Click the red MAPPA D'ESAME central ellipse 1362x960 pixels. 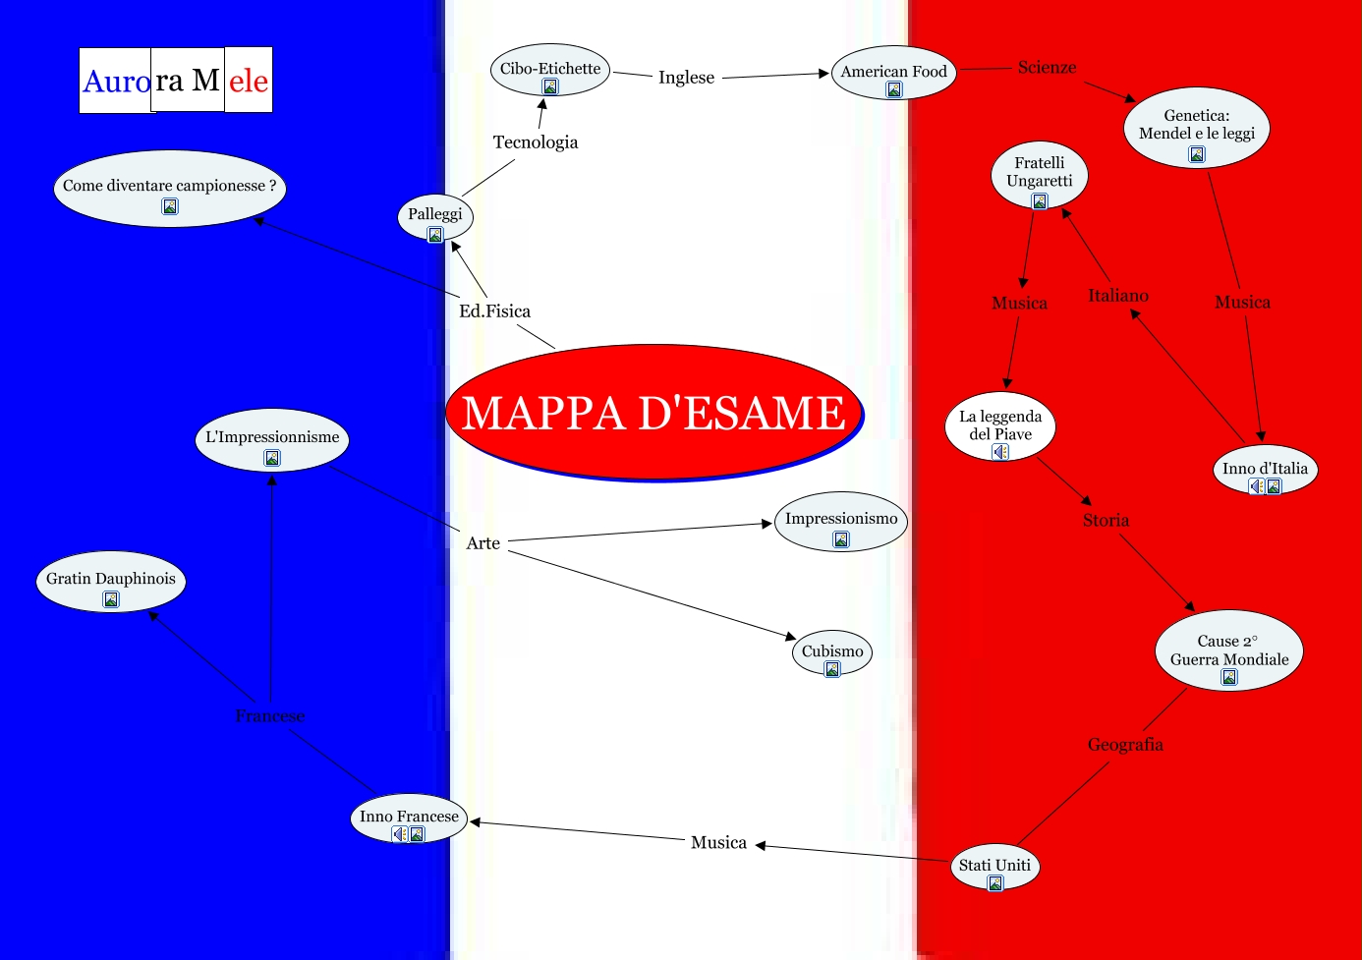click(653, 412)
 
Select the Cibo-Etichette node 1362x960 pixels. click(550, 69)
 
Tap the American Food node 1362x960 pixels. click(893, 72)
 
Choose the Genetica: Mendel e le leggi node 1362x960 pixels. click(1196, 125)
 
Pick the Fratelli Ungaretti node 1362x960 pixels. click(1039, 172)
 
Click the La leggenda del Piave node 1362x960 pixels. click(999, 425)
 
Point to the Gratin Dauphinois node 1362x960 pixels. click(111, 579)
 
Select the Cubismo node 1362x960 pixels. click(832, 651)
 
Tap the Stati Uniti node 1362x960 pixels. click(994, 865)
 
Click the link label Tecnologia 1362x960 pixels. click(536, 142)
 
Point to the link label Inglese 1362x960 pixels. click(686, 78)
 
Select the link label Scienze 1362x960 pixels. click(1047, 68)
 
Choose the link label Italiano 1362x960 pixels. click(1117, 296)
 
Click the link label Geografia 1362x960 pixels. click(1125, 745)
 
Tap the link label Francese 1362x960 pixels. click(270, 716)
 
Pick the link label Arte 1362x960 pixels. click(483, 543)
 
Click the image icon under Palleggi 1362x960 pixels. click(435, 235)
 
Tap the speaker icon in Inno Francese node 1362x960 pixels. click(400, 834)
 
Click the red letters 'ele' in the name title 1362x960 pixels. click(249, 81)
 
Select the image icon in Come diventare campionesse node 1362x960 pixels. click(170, 206)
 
